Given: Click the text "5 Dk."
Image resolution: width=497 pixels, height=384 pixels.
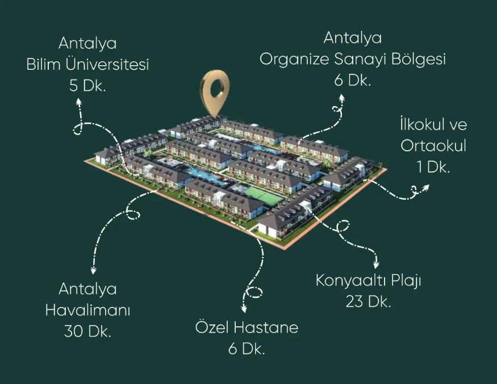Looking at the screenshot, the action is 87,86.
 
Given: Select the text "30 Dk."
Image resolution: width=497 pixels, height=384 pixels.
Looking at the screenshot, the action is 87,331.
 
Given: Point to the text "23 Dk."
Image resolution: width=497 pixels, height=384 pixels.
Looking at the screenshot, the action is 368,301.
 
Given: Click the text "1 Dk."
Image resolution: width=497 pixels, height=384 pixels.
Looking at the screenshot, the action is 433,167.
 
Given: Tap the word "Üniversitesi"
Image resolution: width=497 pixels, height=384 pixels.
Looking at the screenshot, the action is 107,64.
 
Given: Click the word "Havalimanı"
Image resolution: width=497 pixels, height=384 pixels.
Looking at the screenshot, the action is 87,310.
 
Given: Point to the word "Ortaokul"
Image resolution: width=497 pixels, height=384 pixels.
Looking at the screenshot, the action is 433,146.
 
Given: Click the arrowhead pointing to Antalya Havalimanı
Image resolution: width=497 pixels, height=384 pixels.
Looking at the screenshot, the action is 93,271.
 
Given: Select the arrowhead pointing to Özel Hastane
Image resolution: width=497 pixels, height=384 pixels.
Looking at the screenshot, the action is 244,309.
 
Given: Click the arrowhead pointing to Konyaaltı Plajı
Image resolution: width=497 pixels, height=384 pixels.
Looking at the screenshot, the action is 377,265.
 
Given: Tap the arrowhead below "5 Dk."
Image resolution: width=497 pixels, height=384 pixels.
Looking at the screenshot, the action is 78,102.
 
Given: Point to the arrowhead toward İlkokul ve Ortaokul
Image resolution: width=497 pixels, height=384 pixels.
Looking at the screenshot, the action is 425,188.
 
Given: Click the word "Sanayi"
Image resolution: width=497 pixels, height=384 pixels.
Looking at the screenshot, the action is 360,60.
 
